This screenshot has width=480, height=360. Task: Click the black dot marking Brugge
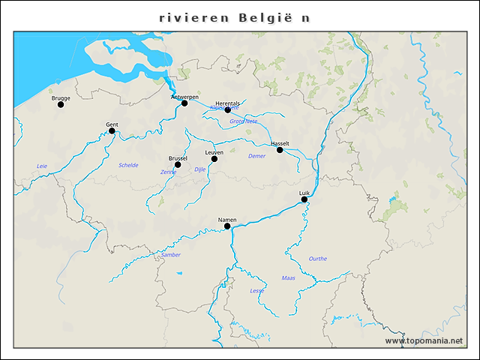click(61, 104)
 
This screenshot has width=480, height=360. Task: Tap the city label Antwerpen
click(184, 97)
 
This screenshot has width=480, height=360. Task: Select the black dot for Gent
click(112, 130)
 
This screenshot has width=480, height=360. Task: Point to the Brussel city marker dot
click(178, 164)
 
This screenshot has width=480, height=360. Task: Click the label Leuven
click(214, 152)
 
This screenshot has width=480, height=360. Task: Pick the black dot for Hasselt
click(280, 150)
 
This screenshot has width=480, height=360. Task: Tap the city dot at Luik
click(304, 199)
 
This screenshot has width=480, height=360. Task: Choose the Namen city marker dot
click(227, 226)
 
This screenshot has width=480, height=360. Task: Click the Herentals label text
click(227, 103)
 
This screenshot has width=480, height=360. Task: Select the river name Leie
click(42, 166)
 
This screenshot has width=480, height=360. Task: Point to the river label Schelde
click(128, 165)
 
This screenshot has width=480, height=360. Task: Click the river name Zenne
click(168, 172)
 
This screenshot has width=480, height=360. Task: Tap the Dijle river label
click(199, 169)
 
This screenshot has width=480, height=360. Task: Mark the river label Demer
click(256, 156)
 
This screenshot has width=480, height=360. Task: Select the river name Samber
click(171, 255)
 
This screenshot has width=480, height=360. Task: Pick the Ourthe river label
click(317, 259)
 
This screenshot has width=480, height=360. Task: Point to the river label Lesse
click(256, 290)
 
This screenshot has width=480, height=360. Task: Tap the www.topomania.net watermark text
click(424, 340)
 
